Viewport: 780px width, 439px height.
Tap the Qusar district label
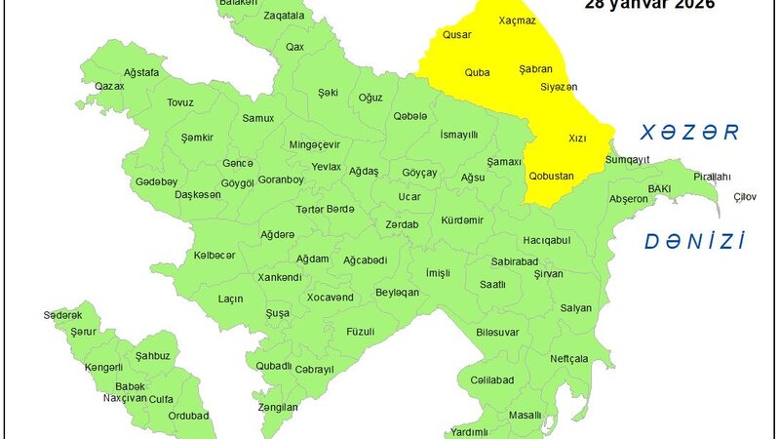(457, 35)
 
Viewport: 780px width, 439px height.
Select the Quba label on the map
(478, 71)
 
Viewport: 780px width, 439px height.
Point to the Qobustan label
(551, 177)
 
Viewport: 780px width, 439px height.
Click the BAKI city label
(660, 188)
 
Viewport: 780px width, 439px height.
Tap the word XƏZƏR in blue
(685, 132)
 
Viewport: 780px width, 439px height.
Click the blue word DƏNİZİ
(694, 241)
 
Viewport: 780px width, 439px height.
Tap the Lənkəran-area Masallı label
(525, 416)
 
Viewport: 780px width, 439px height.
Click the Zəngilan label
(278, 407)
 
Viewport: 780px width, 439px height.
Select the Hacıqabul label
(546, 240)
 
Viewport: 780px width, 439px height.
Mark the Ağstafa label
(141, 73)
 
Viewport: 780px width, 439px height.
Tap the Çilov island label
(745, 197)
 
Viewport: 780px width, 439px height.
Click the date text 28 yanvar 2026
(649, 5)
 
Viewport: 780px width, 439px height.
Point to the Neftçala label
(569, 359)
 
